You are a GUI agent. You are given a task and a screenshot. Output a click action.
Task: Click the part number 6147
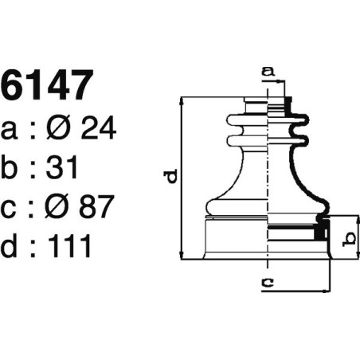[48, 86]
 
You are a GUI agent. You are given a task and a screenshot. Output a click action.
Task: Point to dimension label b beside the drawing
[347, 237]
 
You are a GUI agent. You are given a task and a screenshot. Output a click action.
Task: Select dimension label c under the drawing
[268, 281]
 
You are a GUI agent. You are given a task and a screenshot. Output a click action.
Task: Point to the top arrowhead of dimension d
[185, 101]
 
